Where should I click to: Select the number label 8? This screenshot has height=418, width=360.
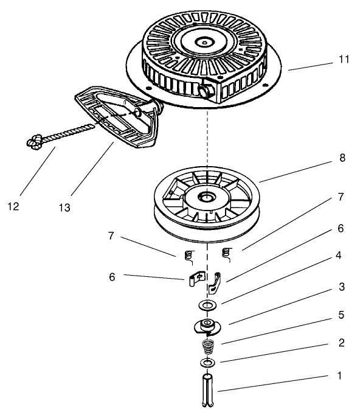point(342,158)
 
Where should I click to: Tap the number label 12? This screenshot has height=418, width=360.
point(13,206)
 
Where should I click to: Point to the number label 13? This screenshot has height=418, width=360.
point(64,207)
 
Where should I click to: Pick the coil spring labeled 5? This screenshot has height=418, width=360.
point(208,349)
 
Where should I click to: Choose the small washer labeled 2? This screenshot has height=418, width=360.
point(207,363)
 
